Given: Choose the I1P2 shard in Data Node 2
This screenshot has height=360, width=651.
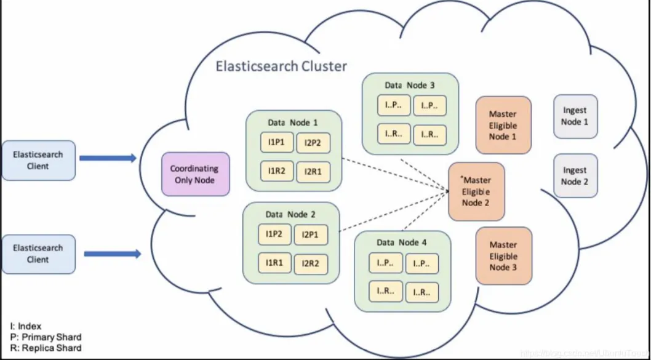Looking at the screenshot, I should pos(274,234).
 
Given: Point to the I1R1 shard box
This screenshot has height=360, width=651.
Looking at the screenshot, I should pos(274,263).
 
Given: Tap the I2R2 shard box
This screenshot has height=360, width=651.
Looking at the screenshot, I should pos(311,264).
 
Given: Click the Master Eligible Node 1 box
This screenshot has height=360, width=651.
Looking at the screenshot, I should pos(503,125).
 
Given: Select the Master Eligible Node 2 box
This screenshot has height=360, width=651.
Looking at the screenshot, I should pos(476,191).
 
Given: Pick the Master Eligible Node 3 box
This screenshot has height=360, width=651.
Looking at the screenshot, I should pos(503,255).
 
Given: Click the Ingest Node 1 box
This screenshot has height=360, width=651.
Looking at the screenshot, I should pos(575,116).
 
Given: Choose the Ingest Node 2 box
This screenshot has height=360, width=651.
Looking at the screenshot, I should pos(575,175).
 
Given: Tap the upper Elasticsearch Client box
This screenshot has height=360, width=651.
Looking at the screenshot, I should pos(38,160).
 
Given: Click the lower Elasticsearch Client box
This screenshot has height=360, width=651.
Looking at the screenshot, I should pos(38,254).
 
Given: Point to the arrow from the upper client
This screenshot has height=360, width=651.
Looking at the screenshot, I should pos(108,159).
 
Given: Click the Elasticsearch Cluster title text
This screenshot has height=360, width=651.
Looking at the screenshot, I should pos(281,66).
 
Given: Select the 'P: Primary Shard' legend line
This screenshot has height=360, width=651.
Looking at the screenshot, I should pos(46,337).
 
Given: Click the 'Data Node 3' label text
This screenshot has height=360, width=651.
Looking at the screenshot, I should pos(410,85).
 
